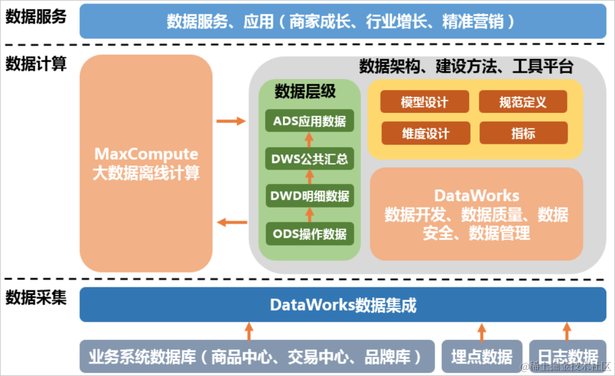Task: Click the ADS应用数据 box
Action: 310,121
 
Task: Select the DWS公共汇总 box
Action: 310,159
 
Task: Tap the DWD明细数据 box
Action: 310,197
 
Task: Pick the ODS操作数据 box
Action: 310,234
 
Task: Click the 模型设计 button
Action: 425,102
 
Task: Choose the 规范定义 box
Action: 523,102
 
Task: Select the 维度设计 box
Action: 425,133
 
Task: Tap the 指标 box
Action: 523,133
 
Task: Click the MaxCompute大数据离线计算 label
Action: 146,164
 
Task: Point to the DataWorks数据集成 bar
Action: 343,305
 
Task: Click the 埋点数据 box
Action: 482,357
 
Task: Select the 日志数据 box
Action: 567,357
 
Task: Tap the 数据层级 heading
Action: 305,91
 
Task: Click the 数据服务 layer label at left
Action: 36,17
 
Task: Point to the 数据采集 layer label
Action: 36,297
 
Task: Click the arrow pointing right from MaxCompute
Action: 231,121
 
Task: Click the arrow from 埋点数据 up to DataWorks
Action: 482,332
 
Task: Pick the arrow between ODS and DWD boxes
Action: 310,215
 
